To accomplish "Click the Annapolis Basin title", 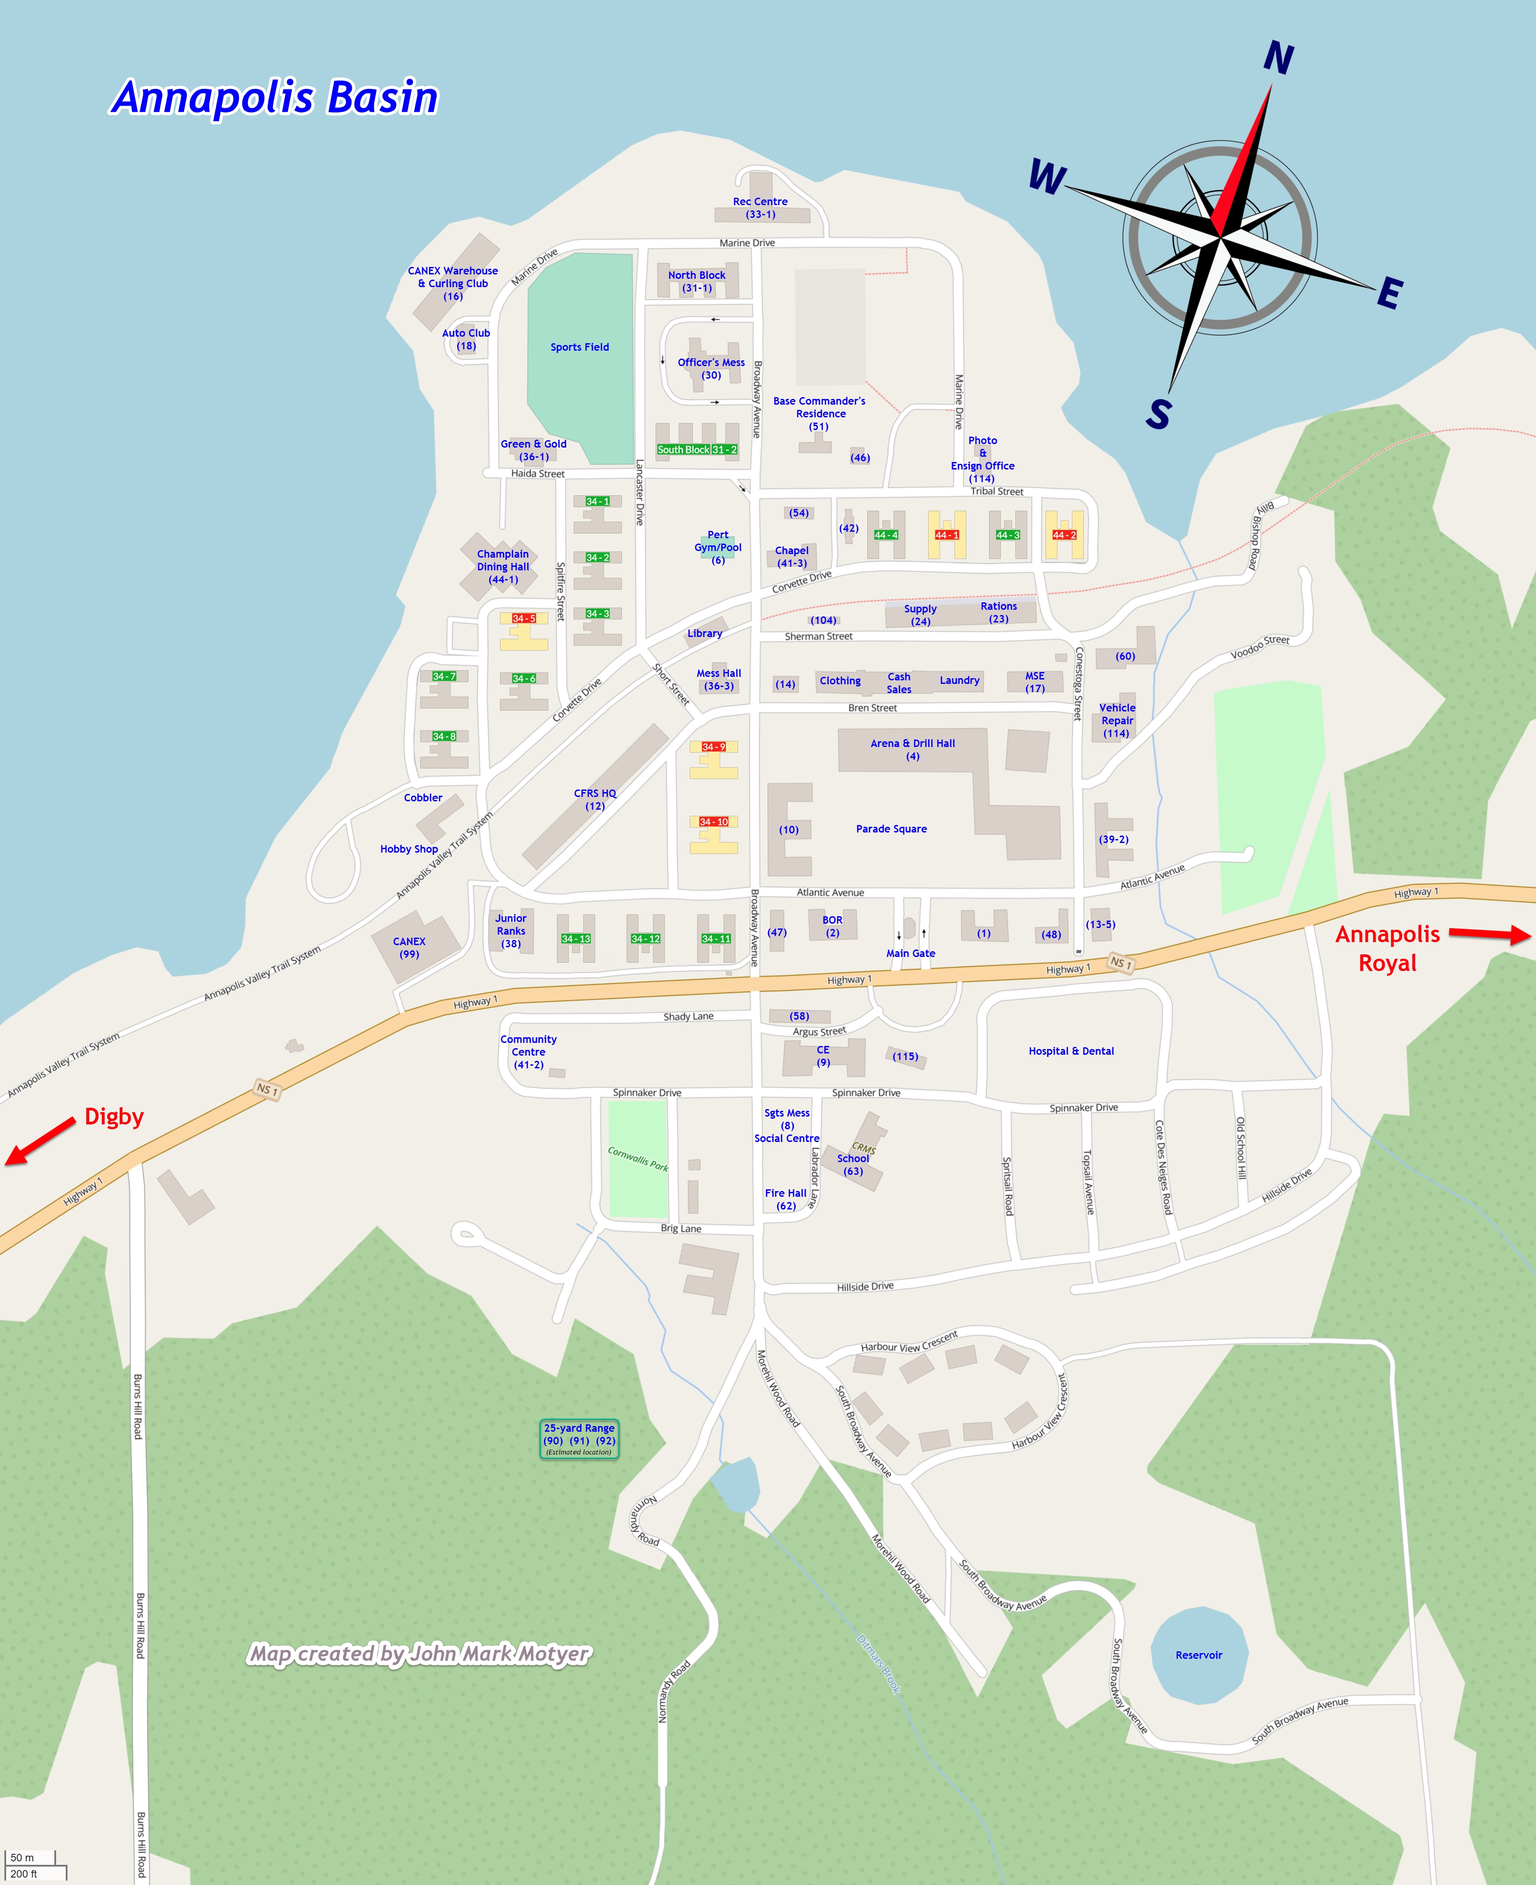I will tap(274, 97).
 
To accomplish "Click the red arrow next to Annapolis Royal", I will tap(1489, 934).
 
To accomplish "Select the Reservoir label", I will tap(1199, 1655).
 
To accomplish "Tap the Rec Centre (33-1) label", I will tap(760, 208).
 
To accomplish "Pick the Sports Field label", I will tap(579, 347).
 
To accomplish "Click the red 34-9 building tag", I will tap(713, 747).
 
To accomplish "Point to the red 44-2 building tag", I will tap(1064, 535).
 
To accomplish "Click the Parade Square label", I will tap(891, 829).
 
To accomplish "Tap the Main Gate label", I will tap(911, 953).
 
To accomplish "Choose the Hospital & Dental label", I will tap(1071, 1051).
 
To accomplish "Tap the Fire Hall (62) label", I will tap(786, 1199).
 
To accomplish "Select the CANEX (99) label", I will tap(409, 948).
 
